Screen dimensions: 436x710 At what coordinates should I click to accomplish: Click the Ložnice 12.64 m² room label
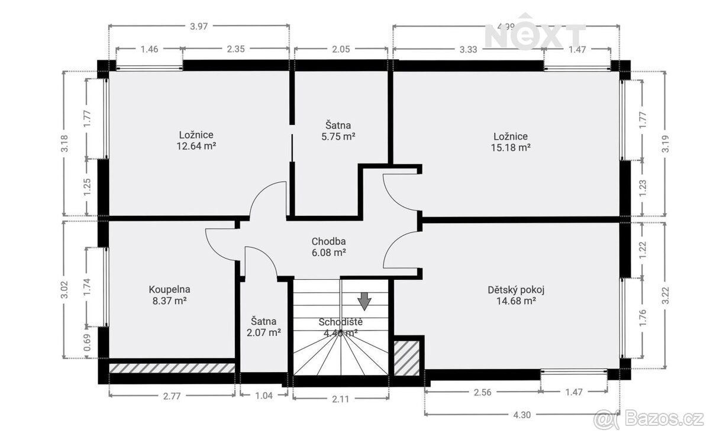195,140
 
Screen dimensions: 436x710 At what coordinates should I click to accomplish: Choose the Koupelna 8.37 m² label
169,295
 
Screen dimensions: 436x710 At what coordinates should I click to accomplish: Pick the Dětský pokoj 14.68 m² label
515,295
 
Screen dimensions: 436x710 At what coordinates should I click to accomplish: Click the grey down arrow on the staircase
365,301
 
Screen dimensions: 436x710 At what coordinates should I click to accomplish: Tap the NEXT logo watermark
535,36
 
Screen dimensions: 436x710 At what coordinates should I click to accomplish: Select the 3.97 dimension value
199,26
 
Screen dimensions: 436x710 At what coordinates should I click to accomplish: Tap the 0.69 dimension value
87,344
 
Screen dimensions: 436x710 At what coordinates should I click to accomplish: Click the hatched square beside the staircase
406,357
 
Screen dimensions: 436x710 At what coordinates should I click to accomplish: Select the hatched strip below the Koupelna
172,368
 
